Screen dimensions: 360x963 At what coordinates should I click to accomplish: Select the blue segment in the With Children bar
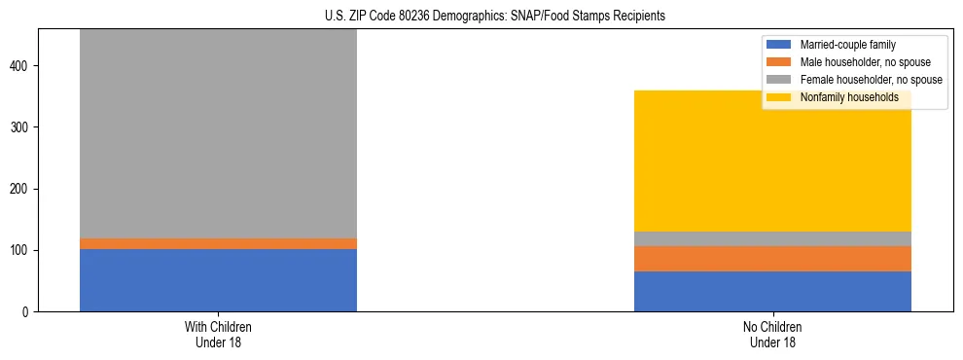point(218,280)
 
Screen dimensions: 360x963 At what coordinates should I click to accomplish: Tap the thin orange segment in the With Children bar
point(218,243)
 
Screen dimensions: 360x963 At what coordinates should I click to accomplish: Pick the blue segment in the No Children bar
point(772,291)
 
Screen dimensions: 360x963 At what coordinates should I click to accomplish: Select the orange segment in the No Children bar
point(772,259)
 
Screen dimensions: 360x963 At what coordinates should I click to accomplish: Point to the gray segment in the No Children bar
point(772,238)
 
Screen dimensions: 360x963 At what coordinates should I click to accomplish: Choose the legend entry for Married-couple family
point(845,45)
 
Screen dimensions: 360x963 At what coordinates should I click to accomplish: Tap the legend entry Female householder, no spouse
point(866,80)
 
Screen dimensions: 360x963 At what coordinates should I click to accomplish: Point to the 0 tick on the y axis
point(30,311)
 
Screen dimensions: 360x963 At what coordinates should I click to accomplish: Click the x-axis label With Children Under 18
point(218,334)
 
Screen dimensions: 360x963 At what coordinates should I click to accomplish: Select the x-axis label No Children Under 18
point(772,334)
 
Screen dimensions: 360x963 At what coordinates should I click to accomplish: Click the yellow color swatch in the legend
point(779,97)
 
